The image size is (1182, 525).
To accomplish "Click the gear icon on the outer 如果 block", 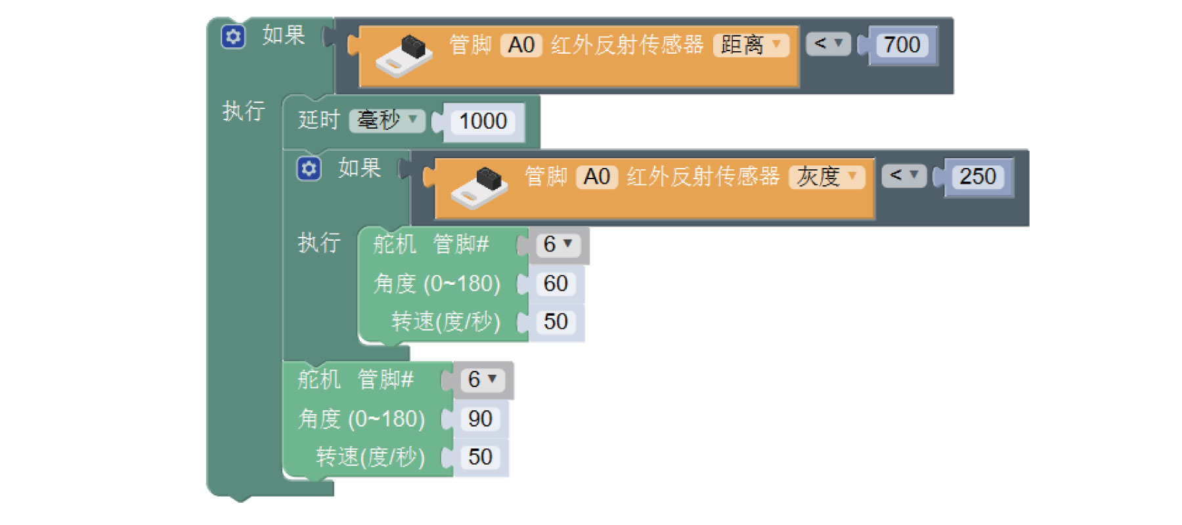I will [x=233, y=37].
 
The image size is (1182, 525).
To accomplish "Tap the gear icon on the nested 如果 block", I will [x=309, y=169].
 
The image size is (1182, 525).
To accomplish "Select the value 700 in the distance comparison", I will [x=902, y=45].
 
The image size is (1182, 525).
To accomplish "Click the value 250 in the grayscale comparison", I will [x=977, y=177].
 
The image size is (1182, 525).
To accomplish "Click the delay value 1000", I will [x=483, y=121].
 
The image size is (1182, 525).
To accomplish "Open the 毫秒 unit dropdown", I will [x=387, y=120].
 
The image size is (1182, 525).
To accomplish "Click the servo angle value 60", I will [x=556, y=283].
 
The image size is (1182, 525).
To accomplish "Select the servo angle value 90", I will [x=480, y=419].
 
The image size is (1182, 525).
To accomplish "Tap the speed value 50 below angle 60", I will [x=556, y=322].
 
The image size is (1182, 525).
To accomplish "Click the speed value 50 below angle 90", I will [x=480, y=457].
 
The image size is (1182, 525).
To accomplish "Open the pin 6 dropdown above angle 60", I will [x=558, y=245].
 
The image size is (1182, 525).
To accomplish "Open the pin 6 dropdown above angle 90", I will [x=482, y=379].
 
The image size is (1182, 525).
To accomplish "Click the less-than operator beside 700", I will [x=827, y=44].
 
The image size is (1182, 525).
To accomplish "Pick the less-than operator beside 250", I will [x=904, y=175].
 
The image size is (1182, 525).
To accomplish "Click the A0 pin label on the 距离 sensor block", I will [x=521, y=45].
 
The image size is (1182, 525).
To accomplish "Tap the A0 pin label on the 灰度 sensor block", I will [x=597, y=177].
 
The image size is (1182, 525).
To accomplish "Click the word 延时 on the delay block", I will [x=318, y=120].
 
